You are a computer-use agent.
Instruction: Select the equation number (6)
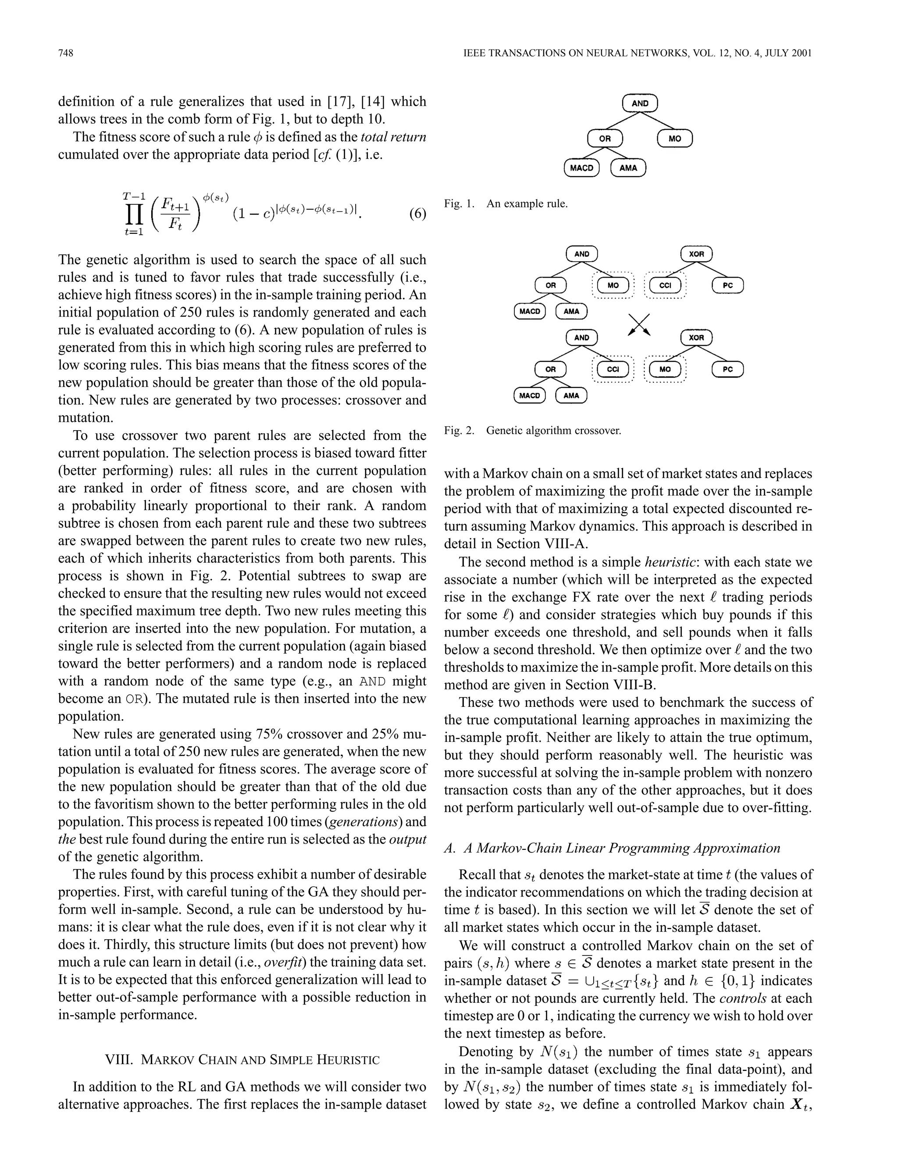coord(417,214)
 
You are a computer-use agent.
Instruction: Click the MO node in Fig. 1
coord(674,139)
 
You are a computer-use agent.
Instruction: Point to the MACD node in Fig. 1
coord(581,168)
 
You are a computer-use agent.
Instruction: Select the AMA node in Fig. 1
coord(628,168)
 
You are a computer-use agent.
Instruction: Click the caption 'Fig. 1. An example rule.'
coord(506,204)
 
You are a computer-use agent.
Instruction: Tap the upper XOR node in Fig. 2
coord(696,254)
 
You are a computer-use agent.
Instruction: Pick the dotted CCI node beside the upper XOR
coord(665,286)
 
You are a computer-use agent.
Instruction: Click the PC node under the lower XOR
coord(728,369)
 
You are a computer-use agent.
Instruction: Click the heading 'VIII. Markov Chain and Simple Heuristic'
coord(242,1059)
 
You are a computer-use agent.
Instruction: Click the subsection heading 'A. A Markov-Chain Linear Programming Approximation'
coord(612,848)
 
